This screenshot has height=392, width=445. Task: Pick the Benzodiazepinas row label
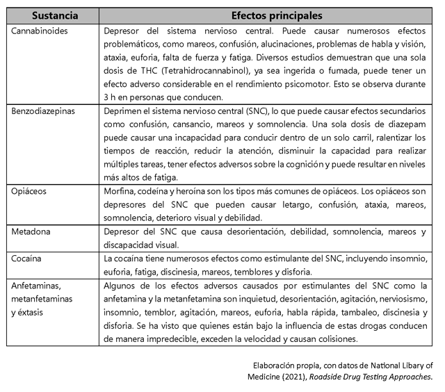click(x=42, y=110)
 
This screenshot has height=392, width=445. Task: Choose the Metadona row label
click(x=31, y=231)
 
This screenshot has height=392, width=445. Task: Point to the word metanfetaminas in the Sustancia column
click(x=42, y=298)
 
